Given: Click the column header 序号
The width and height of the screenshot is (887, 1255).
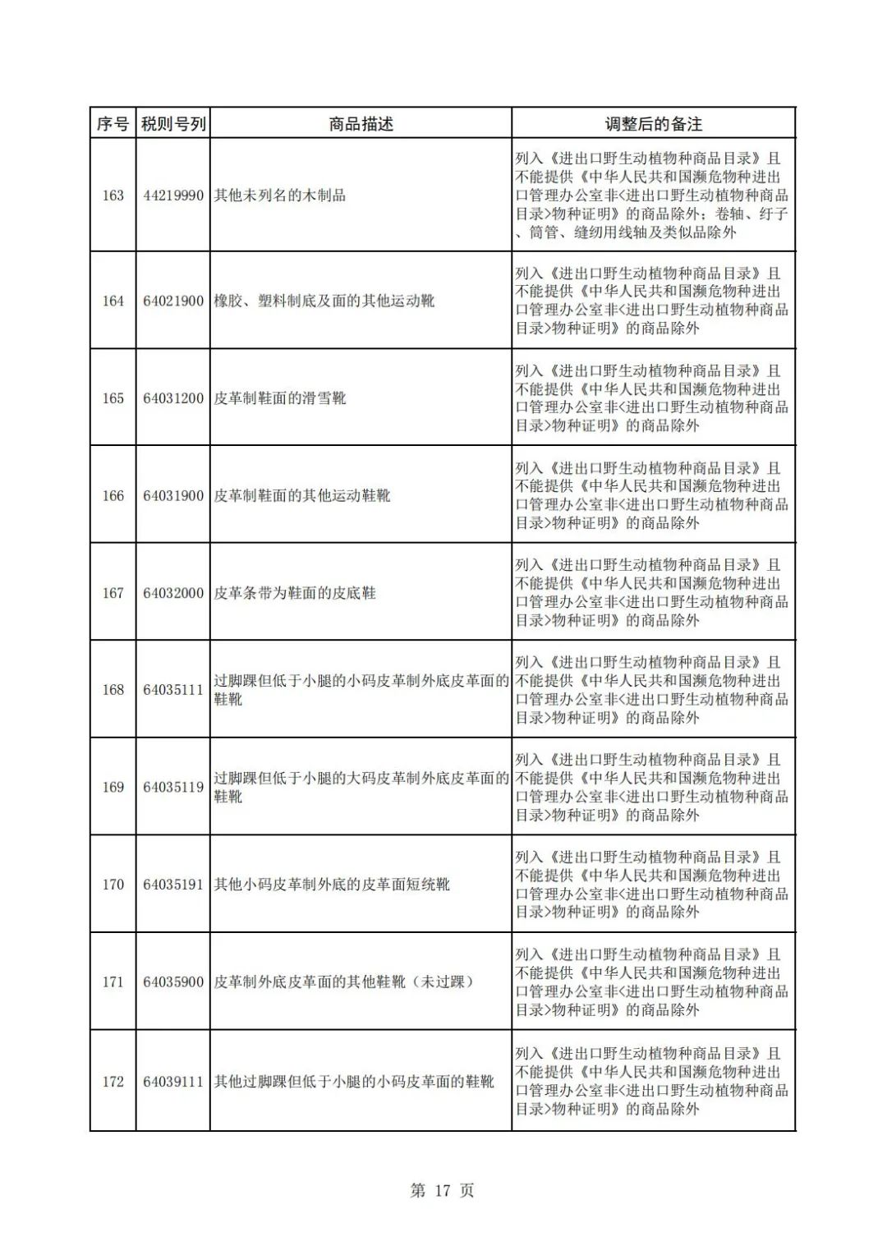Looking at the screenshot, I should [113, 124].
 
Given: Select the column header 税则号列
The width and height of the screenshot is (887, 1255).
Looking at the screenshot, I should [173, 124].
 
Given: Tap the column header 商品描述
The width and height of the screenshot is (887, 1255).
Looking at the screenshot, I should [361, 124].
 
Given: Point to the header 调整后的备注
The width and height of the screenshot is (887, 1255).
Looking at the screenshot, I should [653, 124].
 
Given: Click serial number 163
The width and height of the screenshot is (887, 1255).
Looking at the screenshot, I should [113, 195].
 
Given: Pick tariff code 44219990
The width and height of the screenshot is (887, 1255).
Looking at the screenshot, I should [173, 195].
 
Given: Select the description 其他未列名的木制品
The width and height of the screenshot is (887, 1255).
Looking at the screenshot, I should [280, 195].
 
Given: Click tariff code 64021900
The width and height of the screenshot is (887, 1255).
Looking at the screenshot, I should [173, 301].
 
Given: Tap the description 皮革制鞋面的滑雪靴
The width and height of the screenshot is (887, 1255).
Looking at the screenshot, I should [280, 398].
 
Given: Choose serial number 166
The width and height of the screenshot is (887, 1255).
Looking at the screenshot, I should [113, 496].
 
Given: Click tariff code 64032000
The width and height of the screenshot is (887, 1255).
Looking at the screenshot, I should [173, 593].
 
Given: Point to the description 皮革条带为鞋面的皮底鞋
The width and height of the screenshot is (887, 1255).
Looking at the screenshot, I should [295, 593].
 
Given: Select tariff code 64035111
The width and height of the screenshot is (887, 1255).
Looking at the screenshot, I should [173, 690].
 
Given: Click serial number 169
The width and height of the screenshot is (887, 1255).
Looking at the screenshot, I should [113, 788].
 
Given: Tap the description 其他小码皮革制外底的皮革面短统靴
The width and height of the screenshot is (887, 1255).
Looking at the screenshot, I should [332, 885].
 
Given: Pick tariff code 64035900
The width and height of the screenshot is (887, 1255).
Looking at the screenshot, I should [173, 982].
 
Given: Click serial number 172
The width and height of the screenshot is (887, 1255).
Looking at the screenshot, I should [113, 1082].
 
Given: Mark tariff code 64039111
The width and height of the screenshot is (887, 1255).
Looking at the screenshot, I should [173, 1082].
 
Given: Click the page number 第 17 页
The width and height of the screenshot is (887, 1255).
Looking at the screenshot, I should [442, 1190].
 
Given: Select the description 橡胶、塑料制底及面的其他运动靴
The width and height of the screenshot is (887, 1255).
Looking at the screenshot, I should [324, 301].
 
